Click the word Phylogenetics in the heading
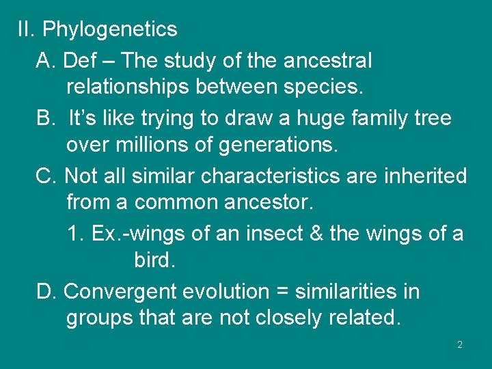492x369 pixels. tap(109, 30)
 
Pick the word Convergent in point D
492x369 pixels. tap(120, 292)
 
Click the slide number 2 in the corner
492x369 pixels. tap(460, 345)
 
